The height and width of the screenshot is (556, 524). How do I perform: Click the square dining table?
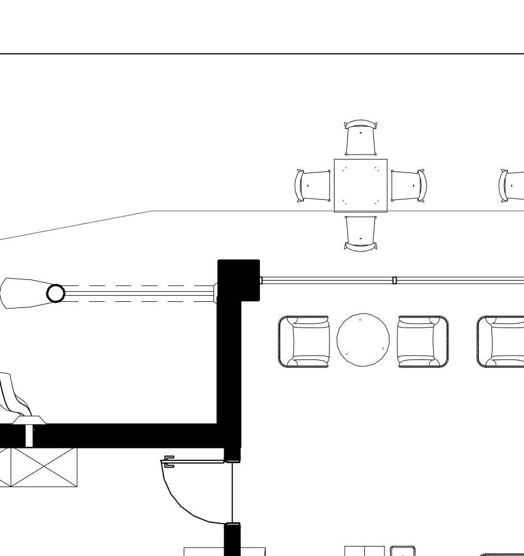360,185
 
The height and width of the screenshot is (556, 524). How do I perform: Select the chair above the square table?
360,138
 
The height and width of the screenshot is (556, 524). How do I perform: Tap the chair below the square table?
360,232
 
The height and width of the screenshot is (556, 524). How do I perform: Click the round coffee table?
363,340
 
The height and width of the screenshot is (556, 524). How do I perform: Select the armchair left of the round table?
304,342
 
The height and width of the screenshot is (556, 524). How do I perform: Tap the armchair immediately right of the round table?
423,342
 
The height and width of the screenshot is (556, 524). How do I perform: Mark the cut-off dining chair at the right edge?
513,185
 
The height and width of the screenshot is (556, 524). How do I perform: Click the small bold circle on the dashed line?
55,293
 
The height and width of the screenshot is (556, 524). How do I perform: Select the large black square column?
239,279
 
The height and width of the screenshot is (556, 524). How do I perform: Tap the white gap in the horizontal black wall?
29,436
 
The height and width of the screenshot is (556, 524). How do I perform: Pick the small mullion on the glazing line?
395,280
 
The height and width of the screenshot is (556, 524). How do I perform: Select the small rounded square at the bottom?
402,552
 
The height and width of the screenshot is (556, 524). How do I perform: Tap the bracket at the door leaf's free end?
168,461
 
